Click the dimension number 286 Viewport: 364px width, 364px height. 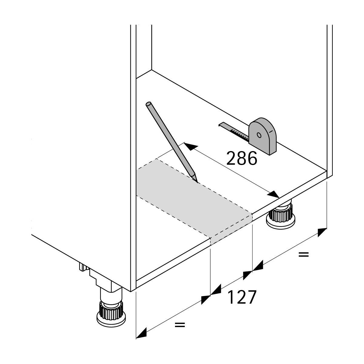click(x=242, y=158)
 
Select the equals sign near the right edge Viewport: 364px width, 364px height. click(x=303, y=254)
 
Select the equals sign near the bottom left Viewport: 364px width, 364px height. click(x=180, y=325)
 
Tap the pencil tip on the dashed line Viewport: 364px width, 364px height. click(x=197, y=181)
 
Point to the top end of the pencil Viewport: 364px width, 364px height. click(x=149, y=104)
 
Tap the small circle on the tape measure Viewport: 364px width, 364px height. click(x=259, y=135)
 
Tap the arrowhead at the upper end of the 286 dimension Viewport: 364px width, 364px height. click(x=189, y=147)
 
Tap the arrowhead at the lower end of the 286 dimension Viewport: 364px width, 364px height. click(x=275, y=194)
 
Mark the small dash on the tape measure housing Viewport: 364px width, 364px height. click(x=270, y=131)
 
